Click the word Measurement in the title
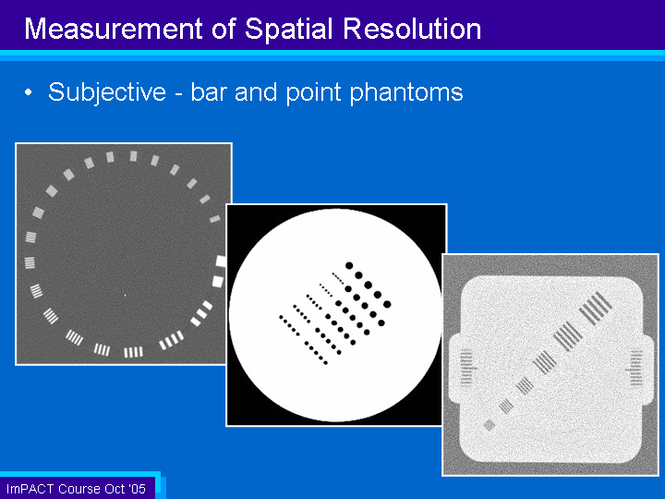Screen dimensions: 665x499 (x=114, y=29)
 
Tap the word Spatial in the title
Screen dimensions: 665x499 (x=288, y=30)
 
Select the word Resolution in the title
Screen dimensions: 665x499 (x=412, y=29)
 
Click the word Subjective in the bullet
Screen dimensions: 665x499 (x=107, y=93)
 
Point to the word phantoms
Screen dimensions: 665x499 (x=406, y=93)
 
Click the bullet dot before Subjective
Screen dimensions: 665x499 (x=28, y=92)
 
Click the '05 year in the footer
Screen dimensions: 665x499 (x=137, y=489)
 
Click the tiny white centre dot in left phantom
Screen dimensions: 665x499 (x=125, y=295)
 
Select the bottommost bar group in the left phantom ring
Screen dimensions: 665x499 (x=133, y=352)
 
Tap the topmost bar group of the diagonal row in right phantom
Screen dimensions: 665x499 (x=596, y=309)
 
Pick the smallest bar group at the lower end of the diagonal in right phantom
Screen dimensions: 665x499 (x=490, y=425)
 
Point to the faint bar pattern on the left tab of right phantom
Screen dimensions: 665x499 (x=466, y=368)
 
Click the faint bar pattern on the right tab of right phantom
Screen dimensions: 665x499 (x=636, y=368)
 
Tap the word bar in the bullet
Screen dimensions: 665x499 (x=207, y=92)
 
